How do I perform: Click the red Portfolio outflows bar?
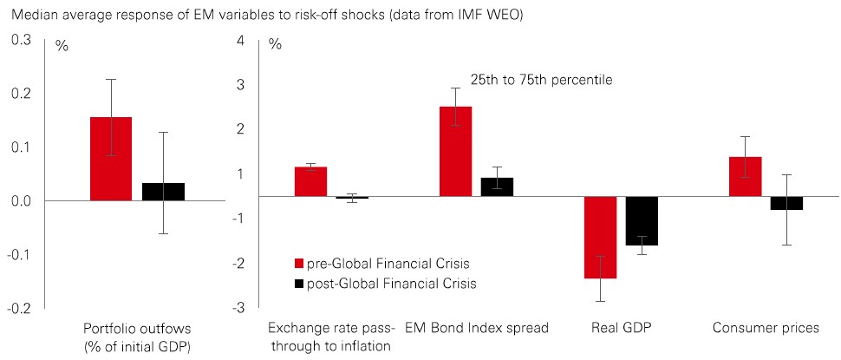111,159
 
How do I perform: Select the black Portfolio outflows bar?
163,192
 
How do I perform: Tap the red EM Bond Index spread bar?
455,152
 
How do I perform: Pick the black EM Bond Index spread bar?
497,187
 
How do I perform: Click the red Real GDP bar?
600,238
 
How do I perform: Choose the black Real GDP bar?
642,221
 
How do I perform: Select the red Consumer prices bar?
745,177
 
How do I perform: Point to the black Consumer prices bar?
786,203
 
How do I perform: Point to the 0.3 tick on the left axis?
21,40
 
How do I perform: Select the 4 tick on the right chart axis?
241,40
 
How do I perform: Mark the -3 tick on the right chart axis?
239,308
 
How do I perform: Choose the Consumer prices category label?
766,329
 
